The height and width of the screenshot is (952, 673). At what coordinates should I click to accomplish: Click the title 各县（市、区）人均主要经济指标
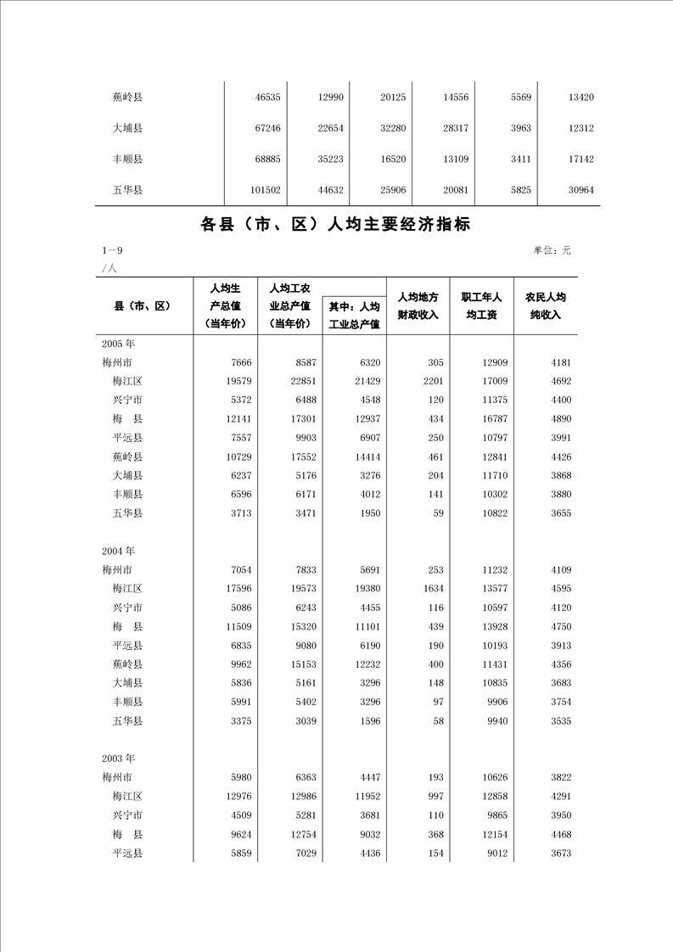click(335, 225)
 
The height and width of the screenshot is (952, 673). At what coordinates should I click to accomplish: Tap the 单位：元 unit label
click(552, 250)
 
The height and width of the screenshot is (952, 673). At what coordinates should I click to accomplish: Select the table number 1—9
click(113, 250)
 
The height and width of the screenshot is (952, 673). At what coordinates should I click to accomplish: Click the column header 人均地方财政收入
click(418, 306)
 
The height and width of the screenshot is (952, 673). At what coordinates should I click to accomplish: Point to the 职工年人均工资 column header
click(481, 306)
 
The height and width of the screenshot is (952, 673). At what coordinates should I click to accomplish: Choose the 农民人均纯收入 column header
click(545, 306)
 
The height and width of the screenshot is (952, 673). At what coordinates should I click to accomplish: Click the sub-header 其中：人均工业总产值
click(354, 315)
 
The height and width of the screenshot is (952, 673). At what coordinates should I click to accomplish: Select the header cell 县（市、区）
click(143, 306)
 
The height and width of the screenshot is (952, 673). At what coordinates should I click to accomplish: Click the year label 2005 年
click(118, 344)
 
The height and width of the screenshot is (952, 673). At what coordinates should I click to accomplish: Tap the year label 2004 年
click(118, 551)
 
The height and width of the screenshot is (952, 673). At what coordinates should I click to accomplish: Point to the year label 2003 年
click(118, 758)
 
